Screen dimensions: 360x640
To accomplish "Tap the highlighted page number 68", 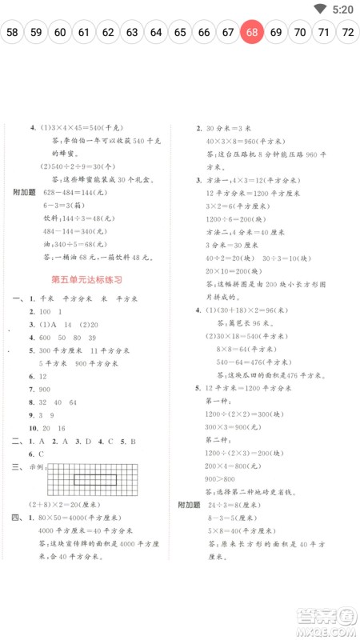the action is (252, 33).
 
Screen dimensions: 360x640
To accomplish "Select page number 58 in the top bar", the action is (12, 33).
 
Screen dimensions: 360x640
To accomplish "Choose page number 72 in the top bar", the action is (348, 33).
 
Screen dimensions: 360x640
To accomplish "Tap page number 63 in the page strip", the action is (132, 33).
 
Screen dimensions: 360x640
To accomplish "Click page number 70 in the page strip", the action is (300, 33).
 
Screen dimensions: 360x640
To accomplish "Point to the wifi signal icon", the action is (322, 9).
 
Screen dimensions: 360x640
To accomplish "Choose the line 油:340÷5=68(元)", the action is (74, 245).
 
